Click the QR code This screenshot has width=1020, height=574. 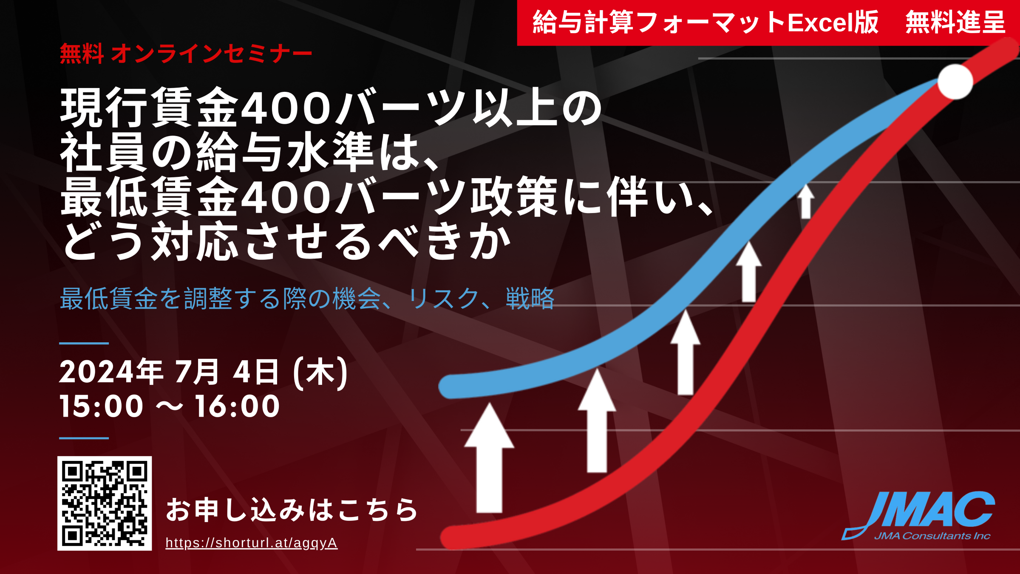(x=105, y=503)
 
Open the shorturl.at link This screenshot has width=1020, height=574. (x=252, y=543)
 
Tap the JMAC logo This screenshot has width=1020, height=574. (x=918, y=516)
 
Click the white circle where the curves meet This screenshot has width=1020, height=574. (x=955, y=82)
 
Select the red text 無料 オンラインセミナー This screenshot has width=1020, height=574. (x=186, y=54)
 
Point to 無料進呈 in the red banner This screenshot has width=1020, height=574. (x=955, y=22)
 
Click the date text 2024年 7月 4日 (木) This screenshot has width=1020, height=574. (x=204, y=373)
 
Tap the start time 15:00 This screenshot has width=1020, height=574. (x=102, y=406)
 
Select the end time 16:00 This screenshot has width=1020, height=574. (x=238, y=406)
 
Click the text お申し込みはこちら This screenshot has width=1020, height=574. (x=292, y=509)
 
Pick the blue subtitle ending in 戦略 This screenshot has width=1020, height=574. (x=307, y=298)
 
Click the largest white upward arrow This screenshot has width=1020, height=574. (x=489, y=457)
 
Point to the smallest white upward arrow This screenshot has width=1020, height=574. (x=805, y=201)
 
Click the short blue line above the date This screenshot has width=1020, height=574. (x=84, y=343)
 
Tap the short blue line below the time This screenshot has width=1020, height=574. (x=84, y=438)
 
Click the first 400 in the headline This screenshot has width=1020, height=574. (x=286, y=108)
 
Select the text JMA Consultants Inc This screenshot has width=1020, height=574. (x=932, y=536)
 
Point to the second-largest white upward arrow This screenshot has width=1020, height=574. (x=597, y=421)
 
